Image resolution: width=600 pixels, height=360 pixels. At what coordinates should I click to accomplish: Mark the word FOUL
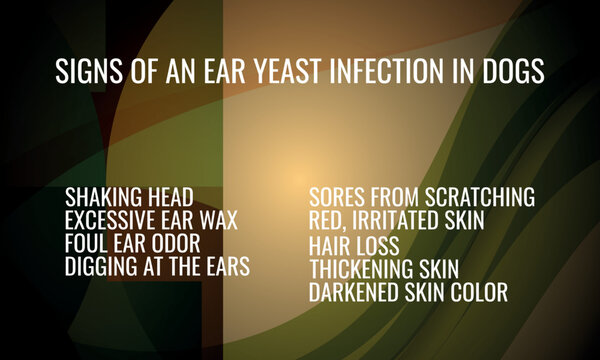(88, 243)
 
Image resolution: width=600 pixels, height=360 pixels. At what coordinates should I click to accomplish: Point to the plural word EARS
(225, 266)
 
